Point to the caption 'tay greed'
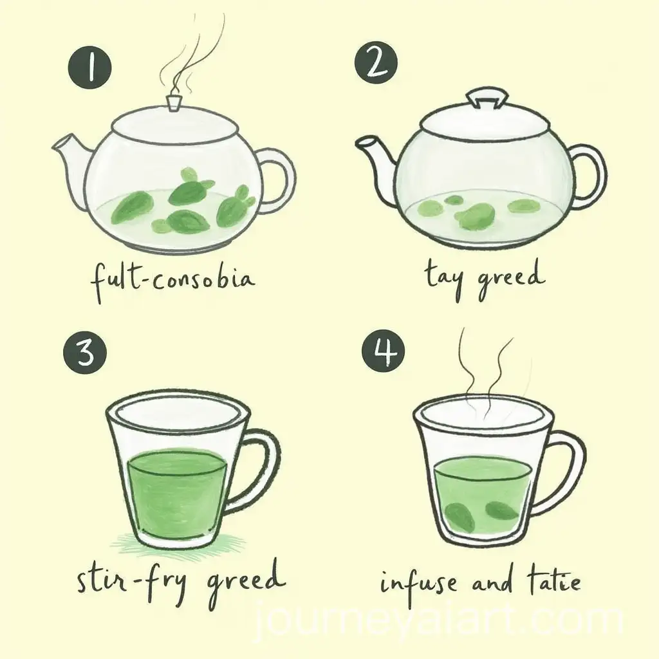483,278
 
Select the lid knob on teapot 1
173,104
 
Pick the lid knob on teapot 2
482,98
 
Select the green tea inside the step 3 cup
177,492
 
